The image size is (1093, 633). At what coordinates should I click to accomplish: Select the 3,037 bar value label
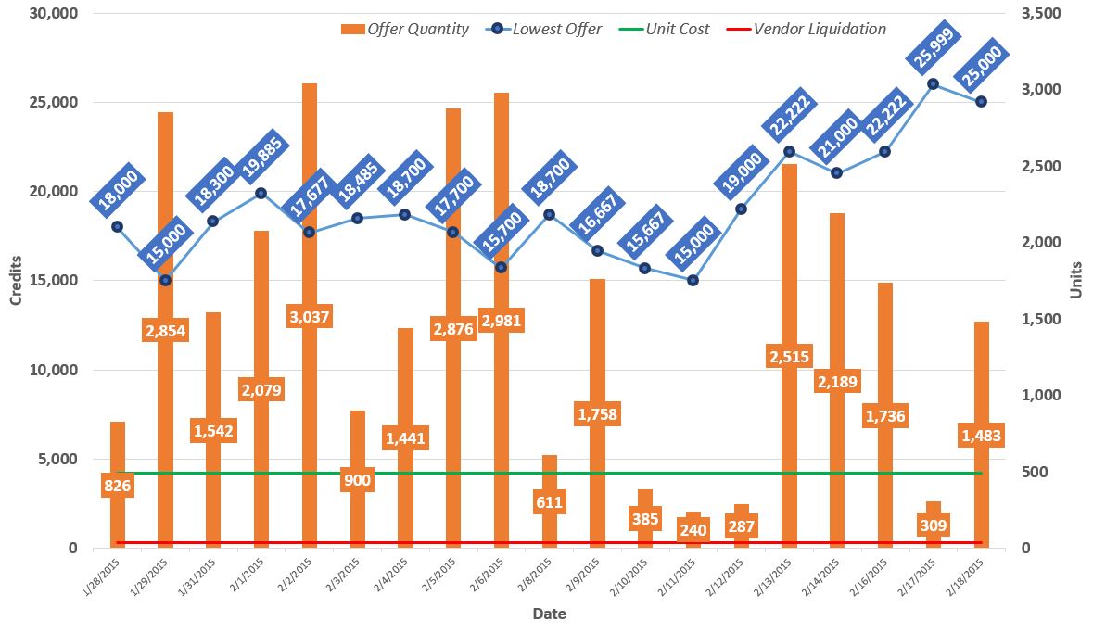309,317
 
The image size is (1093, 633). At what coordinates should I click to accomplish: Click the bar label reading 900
357,480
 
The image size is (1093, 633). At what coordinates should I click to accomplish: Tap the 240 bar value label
693,529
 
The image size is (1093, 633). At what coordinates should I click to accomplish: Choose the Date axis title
549,614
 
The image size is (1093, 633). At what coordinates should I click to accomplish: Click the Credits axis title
16,279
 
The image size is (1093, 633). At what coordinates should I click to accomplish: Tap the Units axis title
1076,279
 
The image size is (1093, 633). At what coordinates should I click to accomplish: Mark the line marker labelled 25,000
981,102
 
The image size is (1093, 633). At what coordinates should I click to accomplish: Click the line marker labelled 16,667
597,250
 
